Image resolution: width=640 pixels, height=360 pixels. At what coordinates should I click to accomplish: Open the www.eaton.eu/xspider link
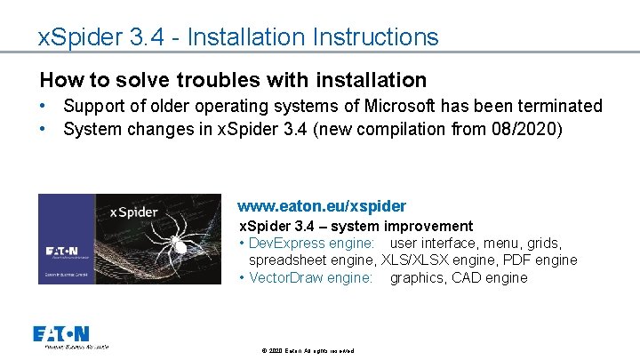pos(321,206)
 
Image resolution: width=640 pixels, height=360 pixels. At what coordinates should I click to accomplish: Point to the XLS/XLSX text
pos(416,260)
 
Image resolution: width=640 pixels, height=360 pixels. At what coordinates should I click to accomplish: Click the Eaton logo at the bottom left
pos(60,334)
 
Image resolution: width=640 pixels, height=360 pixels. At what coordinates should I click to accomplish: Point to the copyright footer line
pos(308,351)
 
